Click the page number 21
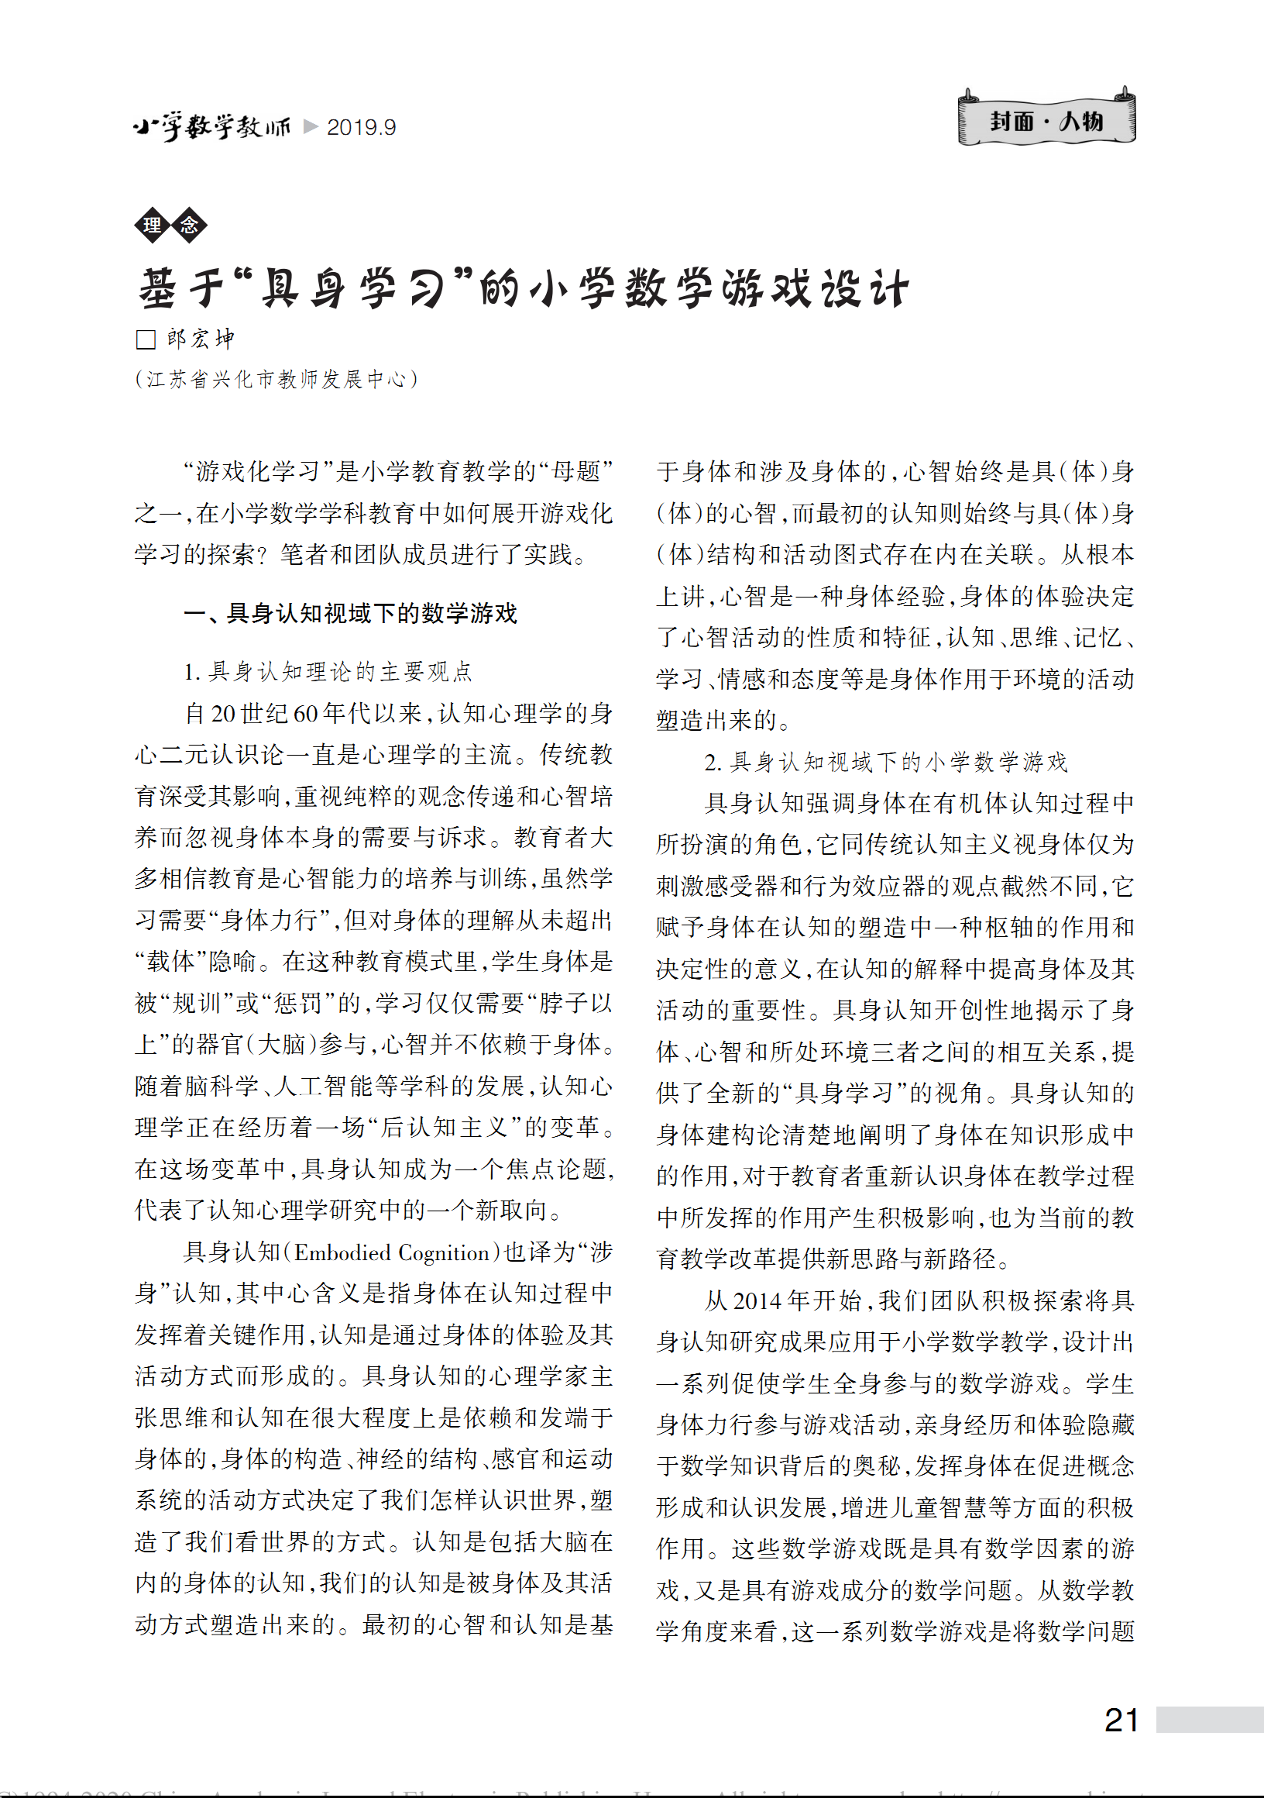tap(1121, 1721)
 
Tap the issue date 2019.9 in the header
tap(361, 127)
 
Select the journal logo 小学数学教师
tap(211, 126)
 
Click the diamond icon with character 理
tap(153, 226)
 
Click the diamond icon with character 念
tap(190, 226)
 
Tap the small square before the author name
tap(146, 339)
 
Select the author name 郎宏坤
tap(201, 339)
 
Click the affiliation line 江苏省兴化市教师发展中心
tap(276, 380)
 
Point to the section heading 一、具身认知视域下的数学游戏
tap(350, 613)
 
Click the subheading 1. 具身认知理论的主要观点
tap(328, 671)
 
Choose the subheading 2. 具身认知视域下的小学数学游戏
tap(885, 761)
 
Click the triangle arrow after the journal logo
tap(310, 126)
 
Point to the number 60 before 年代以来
tap(305, 714)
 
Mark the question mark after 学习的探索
tap(263, 554)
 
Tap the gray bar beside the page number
tap(1209, 1720)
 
